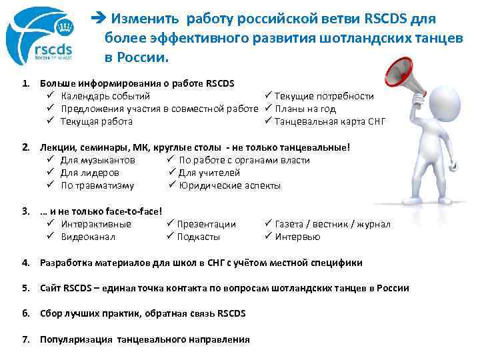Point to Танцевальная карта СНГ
pos(330,121)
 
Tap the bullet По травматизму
pos(97,185)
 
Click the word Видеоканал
pos(88,237)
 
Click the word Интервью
pos(297,237)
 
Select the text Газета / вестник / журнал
pos(333,224)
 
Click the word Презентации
pos(207,224)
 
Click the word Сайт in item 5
pos(51,288)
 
